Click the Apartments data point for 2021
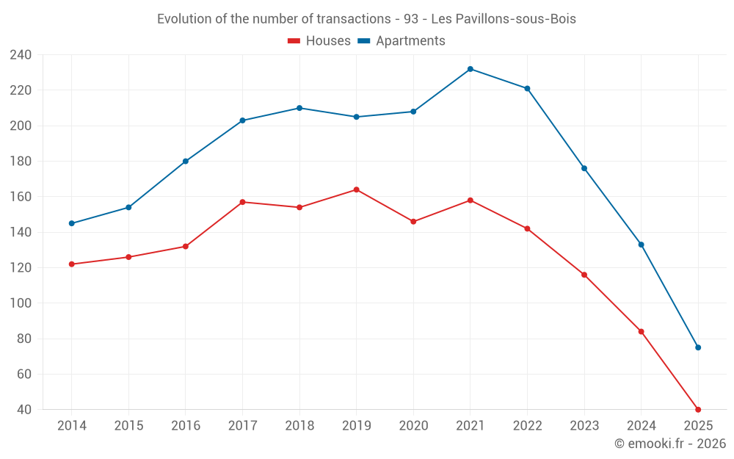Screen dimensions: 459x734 [470, 69]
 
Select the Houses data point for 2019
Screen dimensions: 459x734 [357, 189]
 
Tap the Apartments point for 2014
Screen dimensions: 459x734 [72, 223]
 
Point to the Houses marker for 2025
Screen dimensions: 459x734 [698, 410]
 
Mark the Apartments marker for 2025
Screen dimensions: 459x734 [698, 347]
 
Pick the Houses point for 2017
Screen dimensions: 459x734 [242, 202]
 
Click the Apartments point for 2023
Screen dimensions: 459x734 [584, 168]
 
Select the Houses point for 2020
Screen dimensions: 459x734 [413, 221]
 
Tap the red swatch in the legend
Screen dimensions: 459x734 [294, 41]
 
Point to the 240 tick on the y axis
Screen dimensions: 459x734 [21, 55]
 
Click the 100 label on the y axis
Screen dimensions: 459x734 [21, 303]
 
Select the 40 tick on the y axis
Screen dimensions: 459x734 [24, 410]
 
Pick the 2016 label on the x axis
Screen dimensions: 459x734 [186, 426]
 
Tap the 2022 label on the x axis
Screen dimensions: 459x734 [527, 426]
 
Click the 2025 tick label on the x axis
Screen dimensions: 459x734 [698, 426]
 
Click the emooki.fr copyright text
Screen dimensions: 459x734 [670, 444]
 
